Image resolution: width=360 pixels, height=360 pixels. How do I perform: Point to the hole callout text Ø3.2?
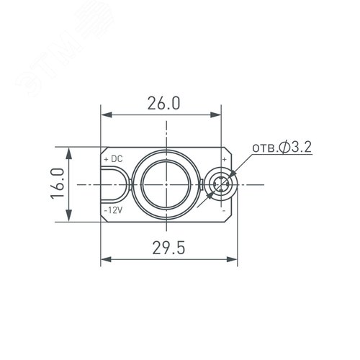coord(294,148)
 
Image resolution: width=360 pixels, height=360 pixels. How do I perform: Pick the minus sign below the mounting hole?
coord(224,210)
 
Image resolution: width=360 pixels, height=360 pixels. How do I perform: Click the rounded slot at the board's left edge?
coord(114,185)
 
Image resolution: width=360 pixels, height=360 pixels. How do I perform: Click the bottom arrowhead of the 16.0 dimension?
coord(69,218)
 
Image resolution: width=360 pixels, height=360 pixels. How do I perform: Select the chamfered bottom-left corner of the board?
coord(103,218)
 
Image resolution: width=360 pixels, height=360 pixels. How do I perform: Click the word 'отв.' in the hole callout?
coord(263,148)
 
